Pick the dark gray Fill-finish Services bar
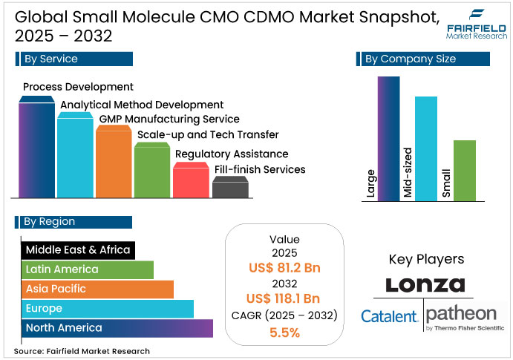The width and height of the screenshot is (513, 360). pyautogui.click(x=229, y=188)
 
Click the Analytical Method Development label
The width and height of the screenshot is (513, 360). pyautogui.click(x=142, y=105)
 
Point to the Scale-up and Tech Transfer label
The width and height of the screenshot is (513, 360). pyautogui.click(x=208, y=134)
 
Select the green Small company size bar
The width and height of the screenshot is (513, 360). pyautogui.click(x=465, y=171)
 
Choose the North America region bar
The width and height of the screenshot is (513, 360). pyautogui.click(x=117, y=327)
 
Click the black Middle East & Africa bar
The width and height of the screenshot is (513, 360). pyautogui.click(x=77, y=249)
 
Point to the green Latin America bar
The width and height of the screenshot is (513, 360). pyautogui.click(x=87, y=269)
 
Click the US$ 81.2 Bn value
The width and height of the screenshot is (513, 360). pyautogui.click(x=285, y=268)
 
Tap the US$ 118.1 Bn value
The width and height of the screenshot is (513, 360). pyautogui.click(x=285, y=299)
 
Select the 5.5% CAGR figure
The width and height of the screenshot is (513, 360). pyautogui.click(x=285, y=333)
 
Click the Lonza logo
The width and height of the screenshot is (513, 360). pyautogui.click(x=425, y=285)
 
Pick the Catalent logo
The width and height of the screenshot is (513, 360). pyautogui.click(x=389, y=316)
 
